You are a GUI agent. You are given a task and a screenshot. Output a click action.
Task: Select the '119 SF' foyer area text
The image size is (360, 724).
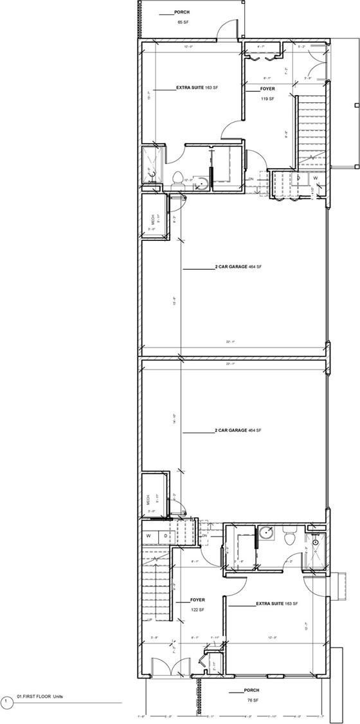coord(267,99)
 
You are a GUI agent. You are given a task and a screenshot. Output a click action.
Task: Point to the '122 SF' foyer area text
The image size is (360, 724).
coord(197,609)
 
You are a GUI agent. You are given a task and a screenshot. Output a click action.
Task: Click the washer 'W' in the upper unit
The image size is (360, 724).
coord(315,178)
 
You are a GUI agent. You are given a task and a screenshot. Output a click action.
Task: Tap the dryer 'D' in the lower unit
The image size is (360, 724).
coord(165,534)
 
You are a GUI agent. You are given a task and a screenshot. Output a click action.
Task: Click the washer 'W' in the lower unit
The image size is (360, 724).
coord(148,534)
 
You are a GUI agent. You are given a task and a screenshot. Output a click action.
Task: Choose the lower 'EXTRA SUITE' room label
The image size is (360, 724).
coord(269,604)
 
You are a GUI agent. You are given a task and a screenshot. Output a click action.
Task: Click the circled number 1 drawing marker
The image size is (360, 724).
coord(6,701)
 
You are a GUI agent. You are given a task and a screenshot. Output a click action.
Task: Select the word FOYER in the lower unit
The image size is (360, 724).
coord(197,600)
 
